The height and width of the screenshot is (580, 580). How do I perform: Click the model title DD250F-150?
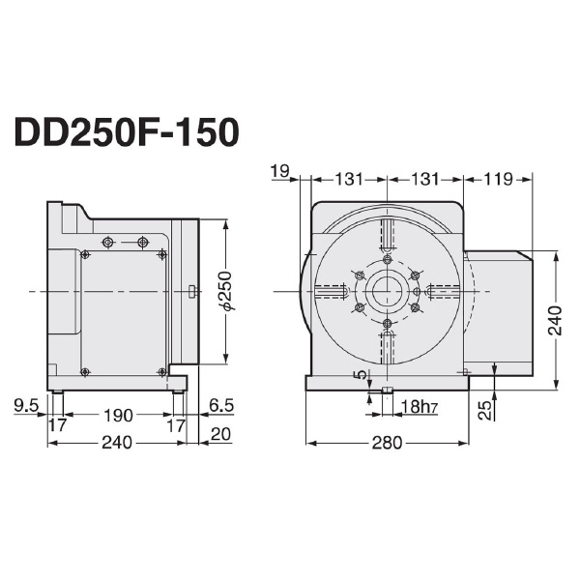tap(126, 133)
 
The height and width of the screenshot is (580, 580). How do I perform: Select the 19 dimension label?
tap(281, 172)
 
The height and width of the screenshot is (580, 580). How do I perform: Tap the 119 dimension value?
tap(500, 180)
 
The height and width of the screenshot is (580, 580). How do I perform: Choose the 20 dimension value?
tap(220, 434)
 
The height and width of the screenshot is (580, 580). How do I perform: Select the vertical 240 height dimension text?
tap(554, 319)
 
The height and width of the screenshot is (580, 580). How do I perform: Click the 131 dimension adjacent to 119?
tap(425, 180)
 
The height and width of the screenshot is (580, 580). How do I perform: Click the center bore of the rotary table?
tap(387, 290)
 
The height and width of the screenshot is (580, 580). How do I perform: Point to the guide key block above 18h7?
tap(387, 391)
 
